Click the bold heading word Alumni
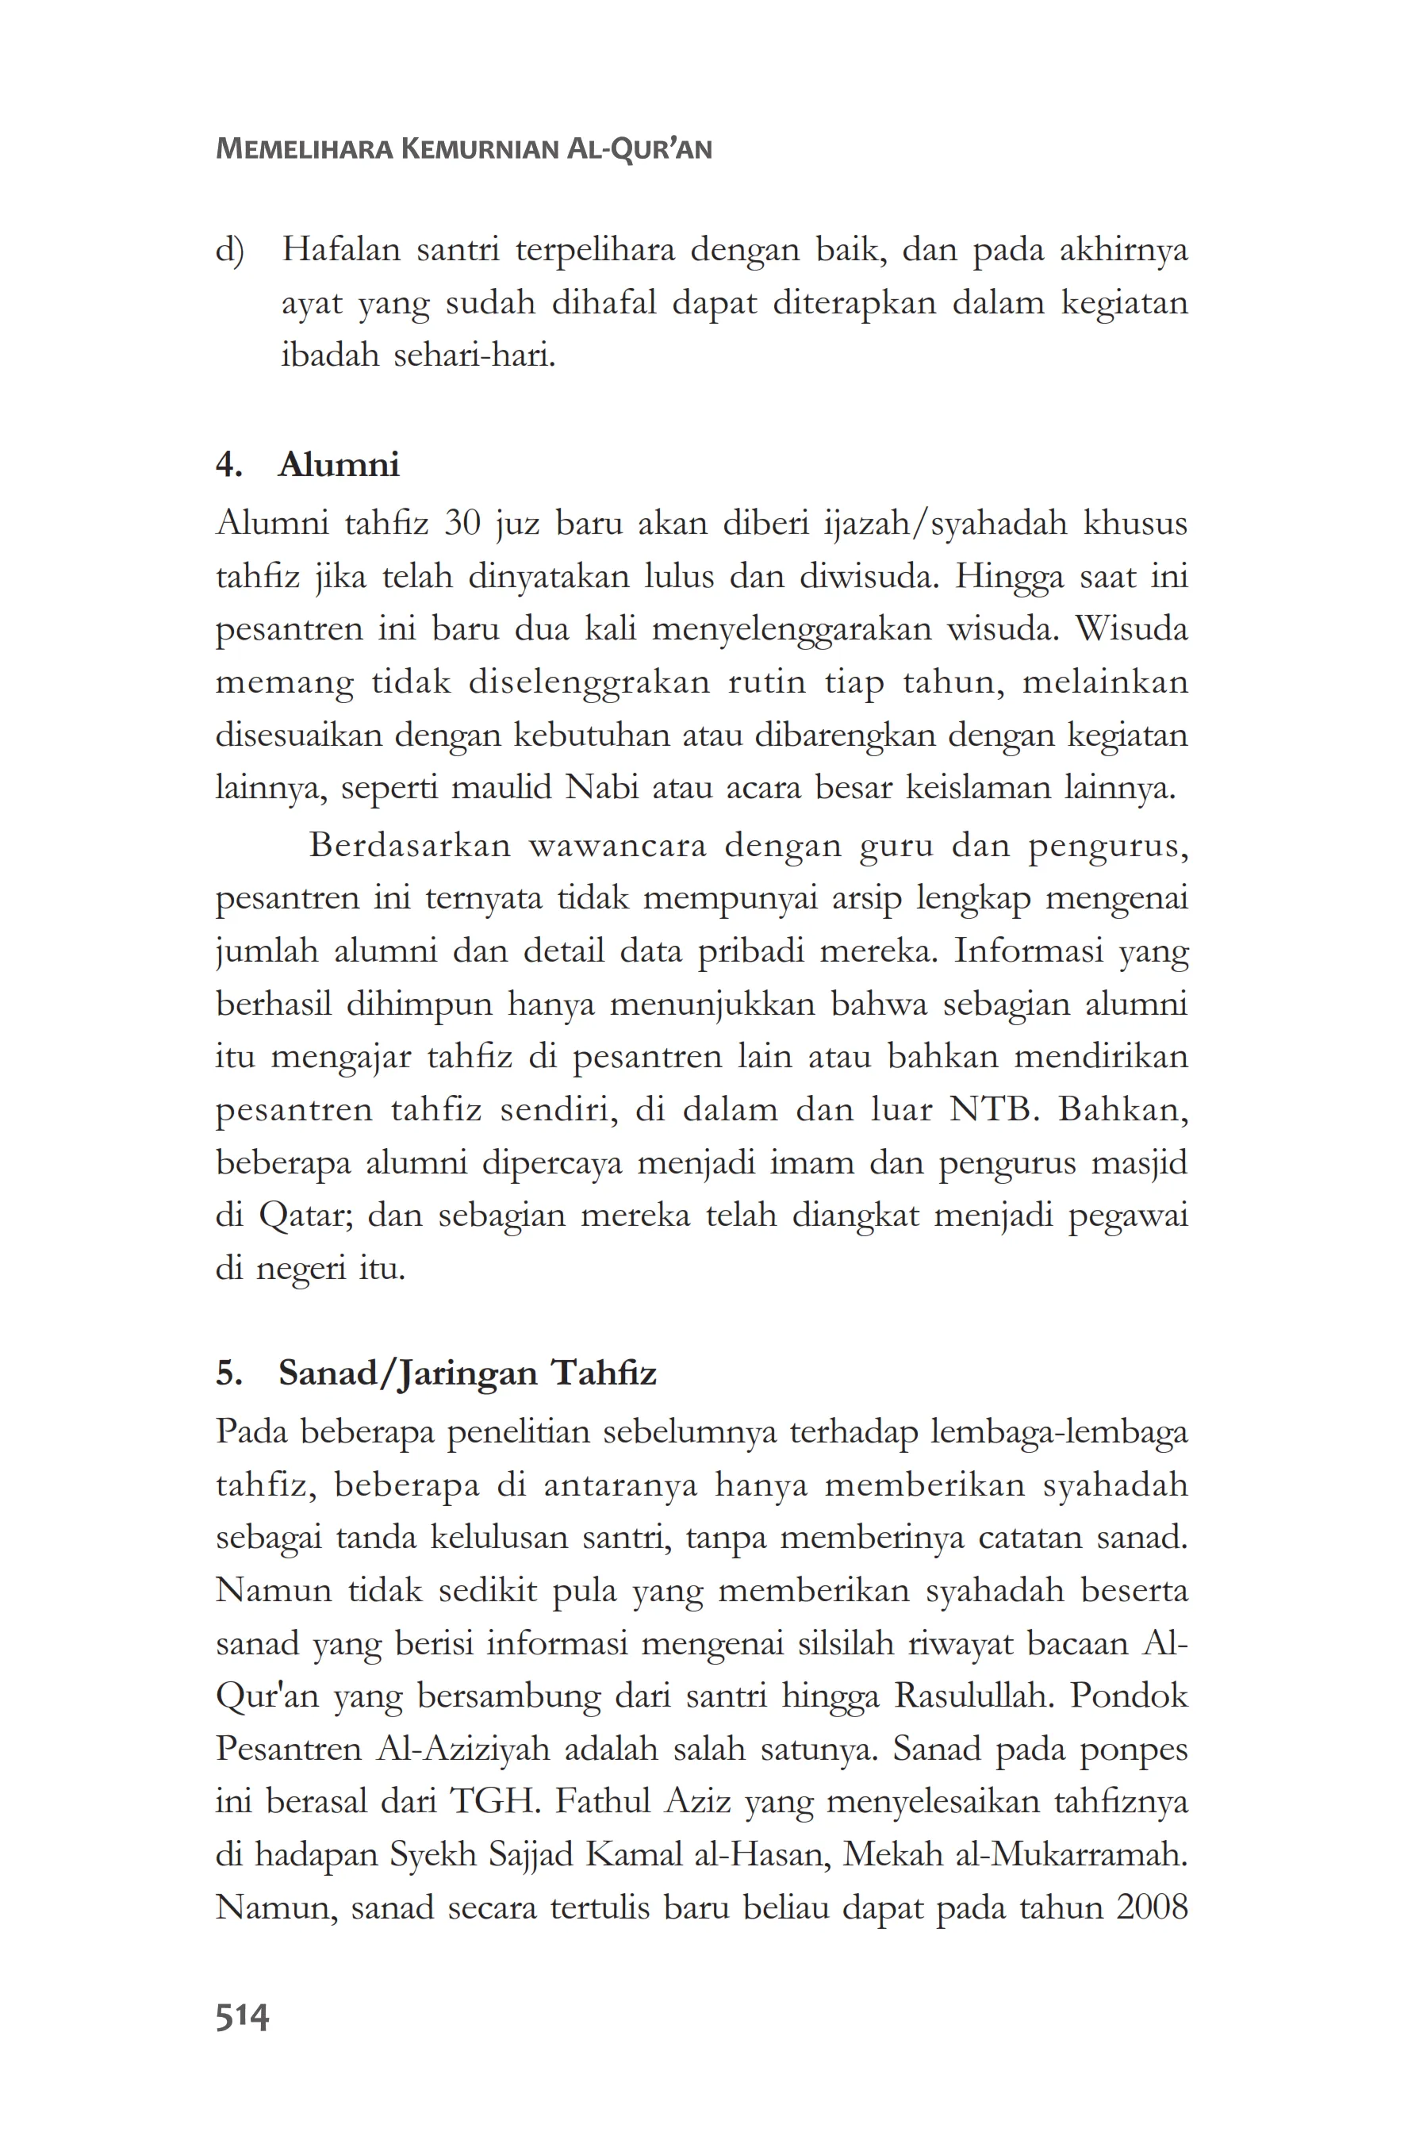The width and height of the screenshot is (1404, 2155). [339, 464]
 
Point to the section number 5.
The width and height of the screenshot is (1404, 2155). [228, 1373]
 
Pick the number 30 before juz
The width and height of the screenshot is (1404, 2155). [462, 524]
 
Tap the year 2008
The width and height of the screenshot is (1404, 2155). [1152, 1907]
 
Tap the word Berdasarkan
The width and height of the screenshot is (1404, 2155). [411, 845]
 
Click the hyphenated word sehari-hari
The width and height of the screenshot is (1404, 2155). [474, 355]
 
